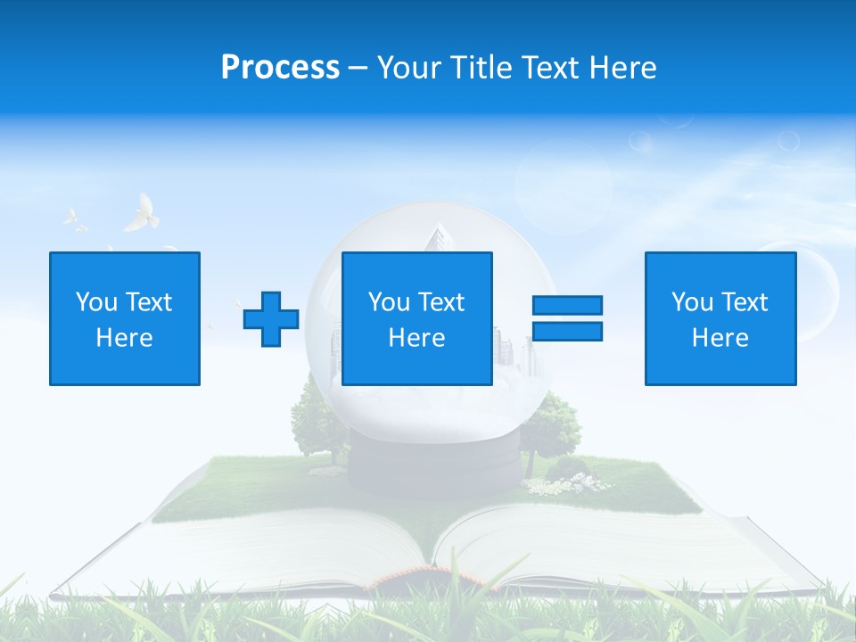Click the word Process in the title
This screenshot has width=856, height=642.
[280, 68]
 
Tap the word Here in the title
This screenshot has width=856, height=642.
[621, 68]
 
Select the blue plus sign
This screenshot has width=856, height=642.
[271, 319]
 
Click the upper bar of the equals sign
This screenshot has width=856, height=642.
[567, 306]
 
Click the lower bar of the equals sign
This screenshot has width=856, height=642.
[567, 332]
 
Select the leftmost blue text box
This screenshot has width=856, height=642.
[125, 318]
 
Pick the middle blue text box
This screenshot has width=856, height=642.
[416, 318]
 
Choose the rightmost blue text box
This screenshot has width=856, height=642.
[720, 318]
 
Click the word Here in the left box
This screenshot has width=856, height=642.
[124, 338]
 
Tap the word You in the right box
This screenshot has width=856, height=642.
[692, 302]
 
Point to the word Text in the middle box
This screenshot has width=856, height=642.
[441, 302]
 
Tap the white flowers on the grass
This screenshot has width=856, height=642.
[562, 484]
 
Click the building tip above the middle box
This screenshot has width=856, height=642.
[435, 237]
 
